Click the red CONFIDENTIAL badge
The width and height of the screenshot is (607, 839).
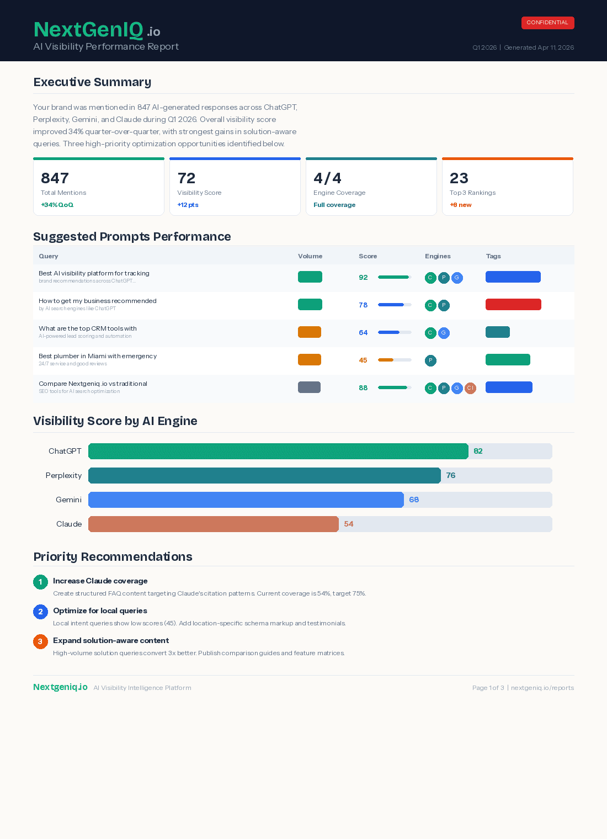click(547, 23)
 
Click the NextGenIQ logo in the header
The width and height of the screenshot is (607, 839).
click(97, 30)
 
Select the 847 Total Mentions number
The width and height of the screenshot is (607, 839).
click(55, 178)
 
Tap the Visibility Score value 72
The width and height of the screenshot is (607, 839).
click(187, 178)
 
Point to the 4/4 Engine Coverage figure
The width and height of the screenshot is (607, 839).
click(327, 178)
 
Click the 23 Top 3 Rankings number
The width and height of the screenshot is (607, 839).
click(459, 178)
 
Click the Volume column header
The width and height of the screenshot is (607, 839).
click(310, 256)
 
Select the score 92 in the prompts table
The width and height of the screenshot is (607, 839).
click(363, 278)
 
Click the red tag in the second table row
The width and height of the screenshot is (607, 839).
click(513, 305)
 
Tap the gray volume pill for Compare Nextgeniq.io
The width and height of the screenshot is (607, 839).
click(309, 387)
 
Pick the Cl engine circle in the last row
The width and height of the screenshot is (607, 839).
click(470, 388)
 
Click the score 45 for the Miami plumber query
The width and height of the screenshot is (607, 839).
click(363, 360)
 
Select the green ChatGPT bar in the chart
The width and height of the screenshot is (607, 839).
click(278, 451)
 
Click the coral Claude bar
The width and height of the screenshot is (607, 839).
click(213, 524)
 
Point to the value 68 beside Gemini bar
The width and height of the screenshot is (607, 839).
click(414, 500)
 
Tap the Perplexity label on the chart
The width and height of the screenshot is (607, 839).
click(63, 475)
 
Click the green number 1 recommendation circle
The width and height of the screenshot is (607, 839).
click(40, 582)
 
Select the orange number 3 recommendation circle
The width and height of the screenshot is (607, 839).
click(40, 641)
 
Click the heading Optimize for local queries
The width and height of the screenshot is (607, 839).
click(100, 610)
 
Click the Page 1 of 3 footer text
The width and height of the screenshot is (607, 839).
click(488, 688)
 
